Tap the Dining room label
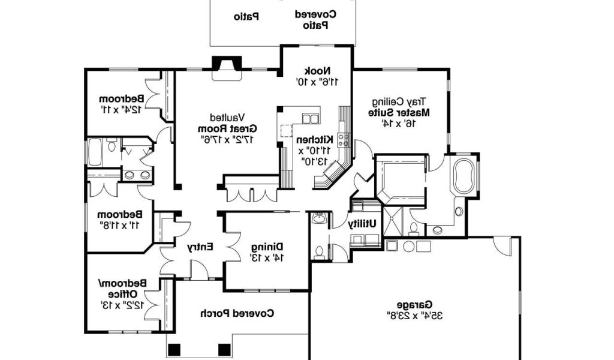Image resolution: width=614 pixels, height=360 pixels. tap(267, 247)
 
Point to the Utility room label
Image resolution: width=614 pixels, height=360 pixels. tap(362, 223)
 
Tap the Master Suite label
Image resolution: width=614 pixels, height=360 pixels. tap(399, 112)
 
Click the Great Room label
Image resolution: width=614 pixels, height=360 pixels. tap(227, 128)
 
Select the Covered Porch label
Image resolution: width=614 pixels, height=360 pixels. tap(237, 313)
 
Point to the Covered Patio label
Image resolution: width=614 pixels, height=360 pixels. tap(315, 14)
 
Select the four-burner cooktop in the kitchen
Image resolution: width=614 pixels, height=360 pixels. tap(344, 140)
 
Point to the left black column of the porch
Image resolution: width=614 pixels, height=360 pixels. tap(174, 349)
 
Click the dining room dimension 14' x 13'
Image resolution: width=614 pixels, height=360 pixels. tap(267, 257)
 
